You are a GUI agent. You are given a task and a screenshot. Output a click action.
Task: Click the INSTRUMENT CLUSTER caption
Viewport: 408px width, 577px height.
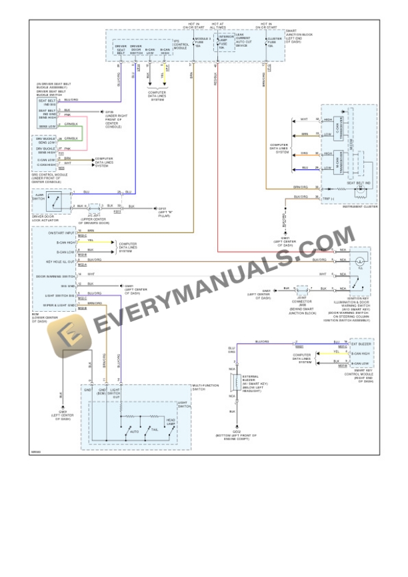point(359,207)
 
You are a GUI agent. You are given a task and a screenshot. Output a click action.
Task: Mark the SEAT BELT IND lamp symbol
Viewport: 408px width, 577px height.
point(359,189)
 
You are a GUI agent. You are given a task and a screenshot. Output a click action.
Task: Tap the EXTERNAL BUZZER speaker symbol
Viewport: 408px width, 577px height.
point(234,382)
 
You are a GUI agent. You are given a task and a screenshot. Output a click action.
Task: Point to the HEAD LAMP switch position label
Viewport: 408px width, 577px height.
point(171,422)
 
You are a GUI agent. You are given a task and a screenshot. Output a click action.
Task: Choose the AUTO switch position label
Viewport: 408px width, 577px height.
point(135,432)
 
